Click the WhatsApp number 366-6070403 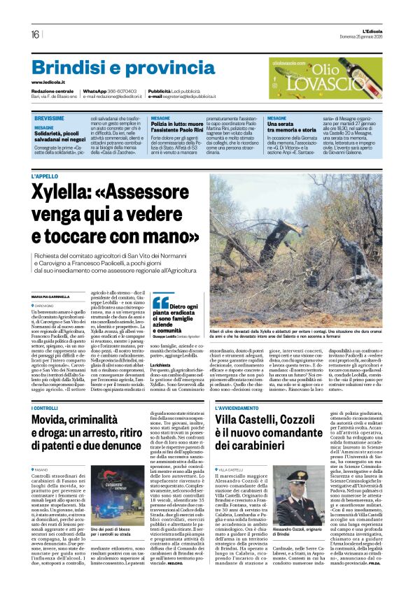click(122, 91)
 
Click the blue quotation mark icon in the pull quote click(160, 302)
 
